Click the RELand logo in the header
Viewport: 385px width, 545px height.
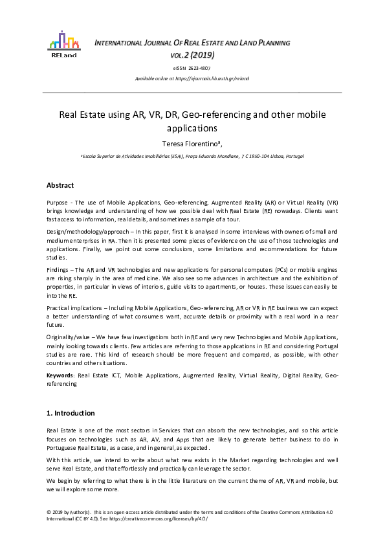63,43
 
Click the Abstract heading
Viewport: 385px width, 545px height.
60,185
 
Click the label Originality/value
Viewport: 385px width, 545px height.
70,337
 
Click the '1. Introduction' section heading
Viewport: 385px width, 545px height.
71,413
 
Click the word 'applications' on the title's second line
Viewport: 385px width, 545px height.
192,128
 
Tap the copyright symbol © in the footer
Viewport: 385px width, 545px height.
49,511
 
